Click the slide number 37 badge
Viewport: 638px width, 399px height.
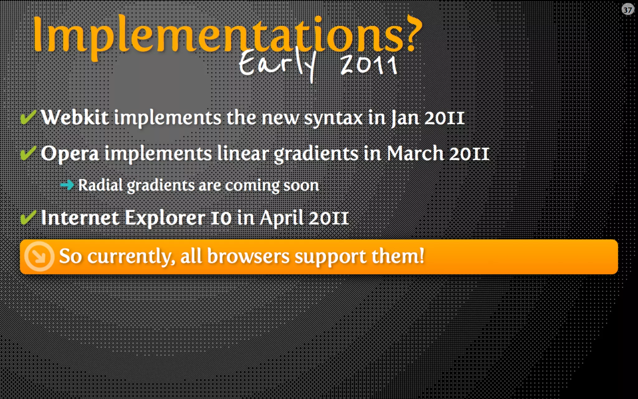[x=627, y=10]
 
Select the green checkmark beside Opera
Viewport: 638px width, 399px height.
[x=28, y=153]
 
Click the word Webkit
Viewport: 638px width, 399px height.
[x=75, y=118]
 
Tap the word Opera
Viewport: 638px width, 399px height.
[x=70, y=154]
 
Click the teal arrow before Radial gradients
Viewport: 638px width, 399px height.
[x=67, y=185]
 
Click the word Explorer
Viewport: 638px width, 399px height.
[x=165, y=218]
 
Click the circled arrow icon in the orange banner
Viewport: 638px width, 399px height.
[x=39, y=256]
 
